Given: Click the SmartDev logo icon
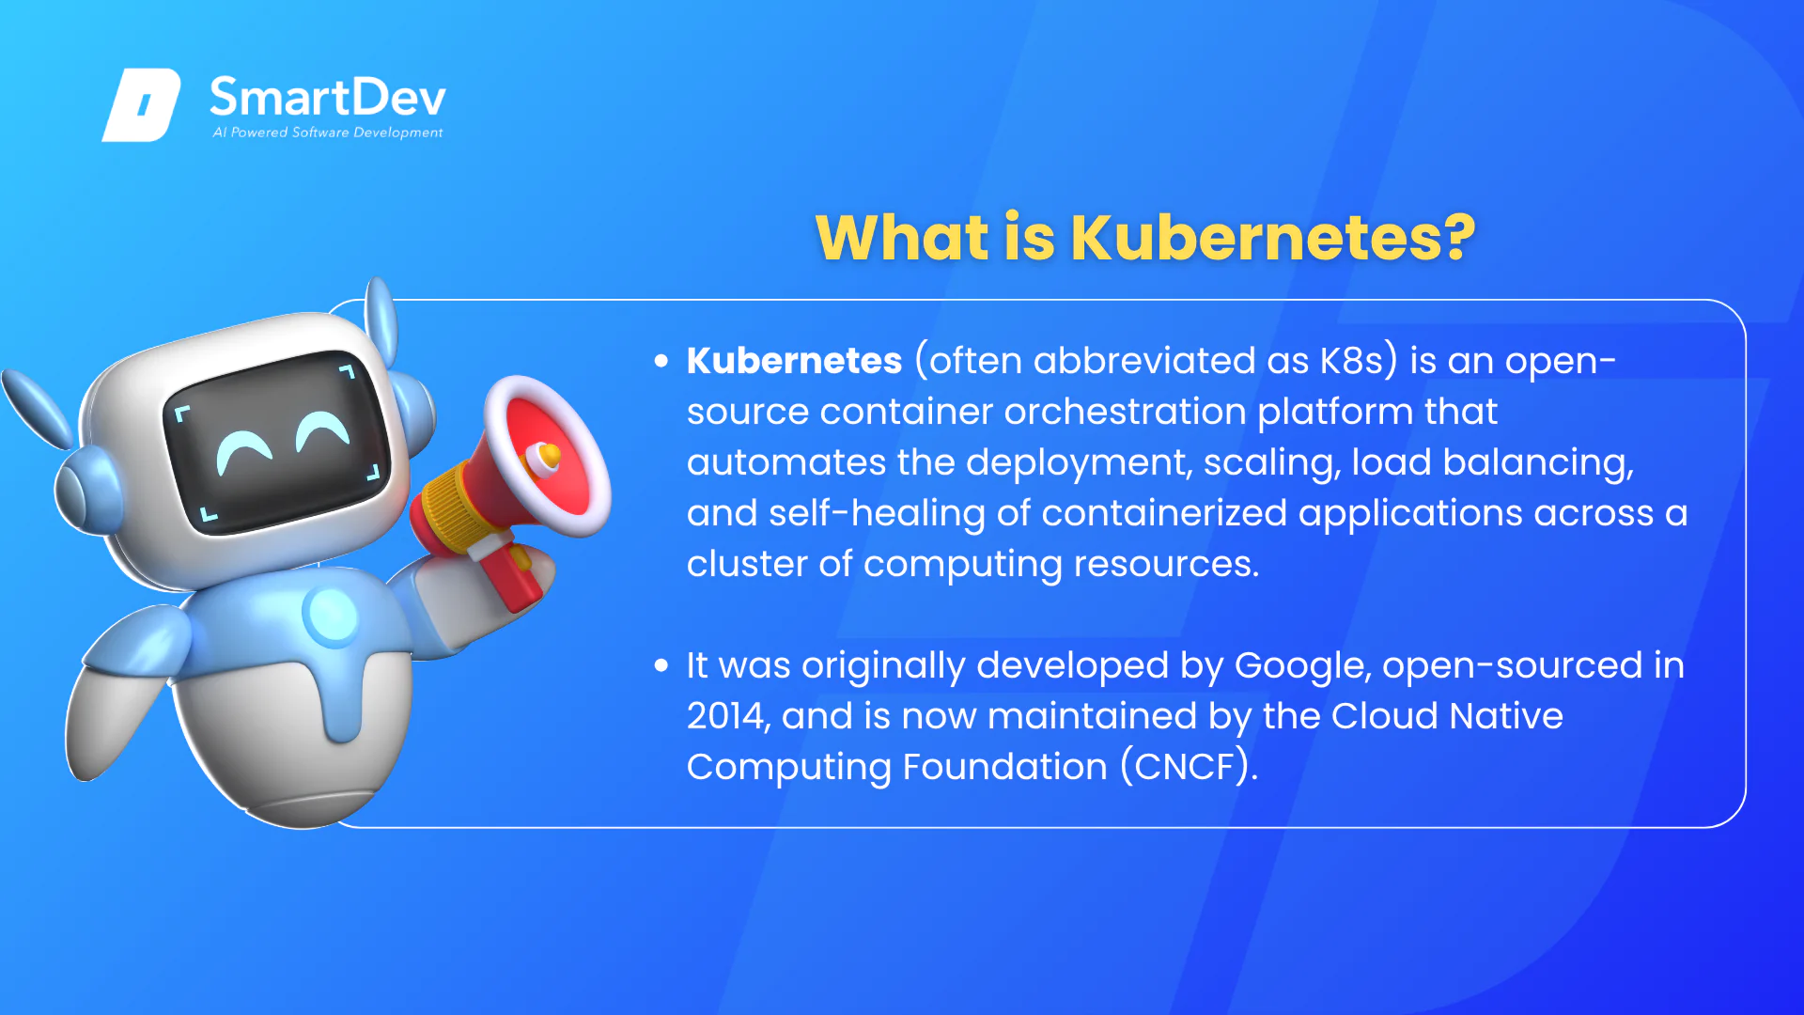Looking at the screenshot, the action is [x=141, y=104].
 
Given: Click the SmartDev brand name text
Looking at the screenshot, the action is [x=327, y=97].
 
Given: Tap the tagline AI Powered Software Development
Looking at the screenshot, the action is [x=327, y=133].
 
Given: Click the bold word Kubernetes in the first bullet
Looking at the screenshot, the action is [x=794, y=361].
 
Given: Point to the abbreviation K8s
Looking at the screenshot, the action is [x=1351, y=361].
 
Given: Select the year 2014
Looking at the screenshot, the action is [x=729, y=716].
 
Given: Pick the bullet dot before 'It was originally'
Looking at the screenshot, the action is [x=661, y=666].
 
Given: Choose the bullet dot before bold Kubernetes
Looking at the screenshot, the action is [x=661, y=361].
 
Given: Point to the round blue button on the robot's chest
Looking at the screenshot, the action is [x=331, y=615].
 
